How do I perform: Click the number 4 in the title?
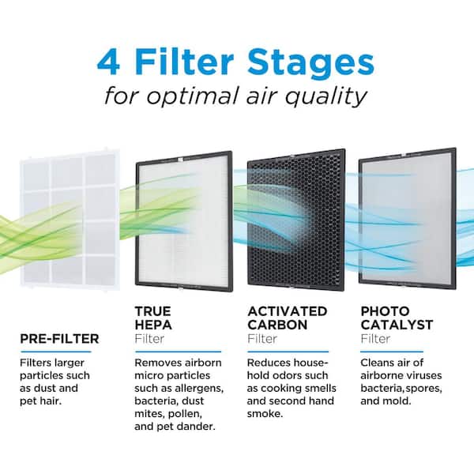coord(108,62)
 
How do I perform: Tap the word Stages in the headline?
coord(311,62)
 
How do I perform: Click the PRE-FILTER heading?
coord(59,339)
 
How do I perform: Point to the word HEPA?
coord(153,325)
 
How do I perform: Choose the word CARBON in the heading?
coord(277,325)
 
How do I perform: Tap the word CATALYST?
coord(397,325)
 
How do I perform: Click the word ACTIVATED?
coord(288,311)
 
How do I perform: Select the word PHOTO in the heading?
coord(386,311)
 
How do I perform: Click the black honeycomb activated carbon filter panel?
coord(296,220)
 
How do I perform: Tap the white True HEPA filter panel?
coord(184,221)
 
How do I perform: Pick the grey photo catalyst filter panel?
coord(407,218)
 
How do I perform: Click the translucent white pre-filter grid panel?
coord(70,220)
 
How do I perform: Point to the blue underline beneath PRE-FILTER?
coord(56,352)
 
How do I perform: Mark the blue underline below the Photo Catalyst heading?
coord(392,352)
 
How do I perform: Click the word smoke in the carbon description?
coord(265,414)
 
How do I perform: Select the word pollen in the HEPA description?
coord(186,414)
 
